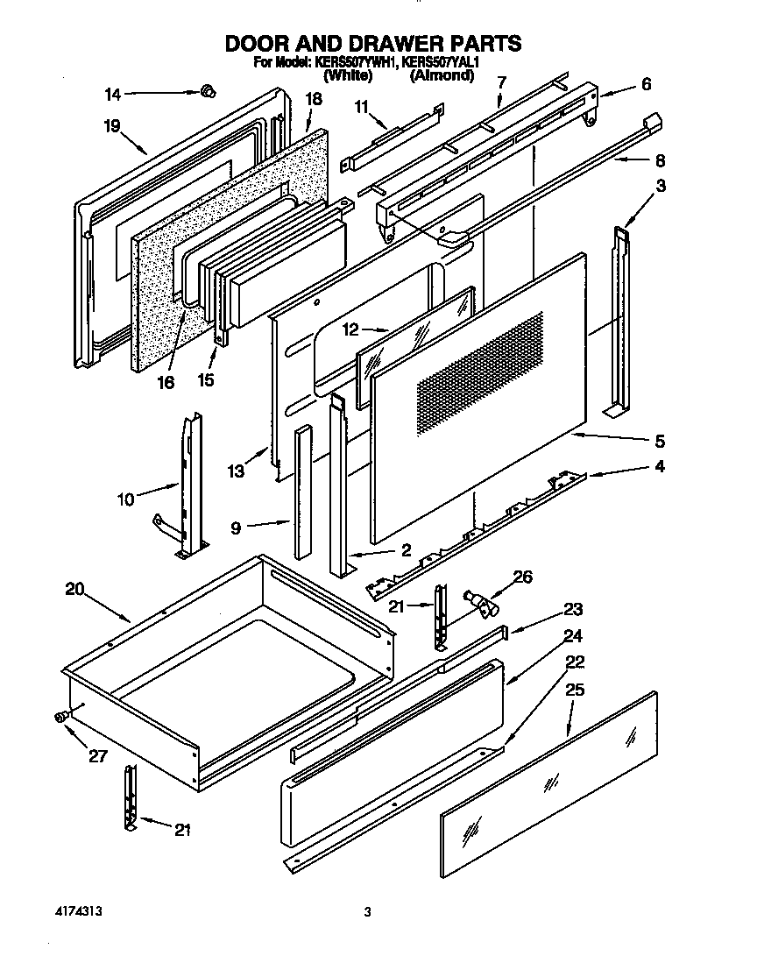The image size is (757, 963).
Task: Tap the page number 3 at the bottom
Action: (x=368, y=912)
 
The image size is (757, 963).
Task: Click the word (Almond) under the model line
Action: (x=442, y=76)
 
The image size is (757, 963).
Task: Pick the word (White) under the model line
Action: (x=348, y=76)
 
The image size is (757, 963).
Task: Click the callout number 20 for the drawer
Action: (x=74, y=589)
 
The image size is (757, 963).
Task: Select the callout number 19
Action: (x=111, y=125)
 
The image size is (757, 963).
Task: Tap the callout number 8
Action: (x=660, y=160)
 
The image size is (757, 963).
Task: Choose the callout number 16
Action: (x=165, y=382)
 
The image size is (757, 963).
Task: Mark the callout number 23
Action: (x=573, y=609)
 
